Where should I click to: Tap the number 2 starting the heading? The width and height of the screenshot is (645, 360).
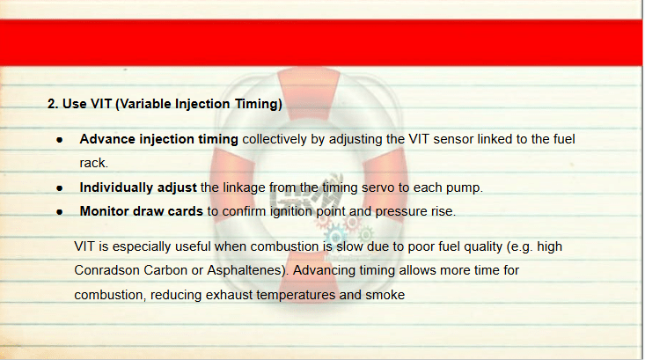51,104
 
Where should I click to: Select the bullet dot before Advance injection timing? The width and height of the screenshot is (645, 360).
60,140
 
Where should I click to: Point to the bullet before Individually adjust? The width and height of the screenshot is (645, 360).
60,188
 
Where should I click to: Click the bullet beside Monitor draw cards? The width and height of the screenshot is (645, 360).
60,212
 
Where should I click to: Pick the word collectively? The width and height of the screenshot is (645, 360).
275,139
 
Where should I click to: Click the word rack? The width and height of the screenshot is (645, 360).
94,163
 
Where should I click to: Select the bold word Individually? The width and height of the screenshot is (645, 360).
116,187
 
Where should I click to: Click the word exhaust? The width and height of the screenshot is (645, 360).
229,295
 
